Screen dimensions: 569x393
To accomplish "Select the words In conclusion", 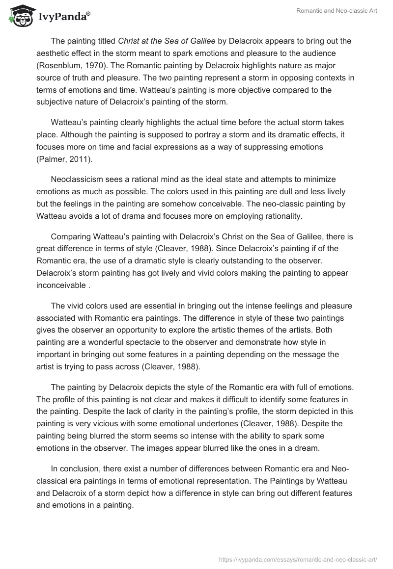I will click(x=76, y=457).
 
